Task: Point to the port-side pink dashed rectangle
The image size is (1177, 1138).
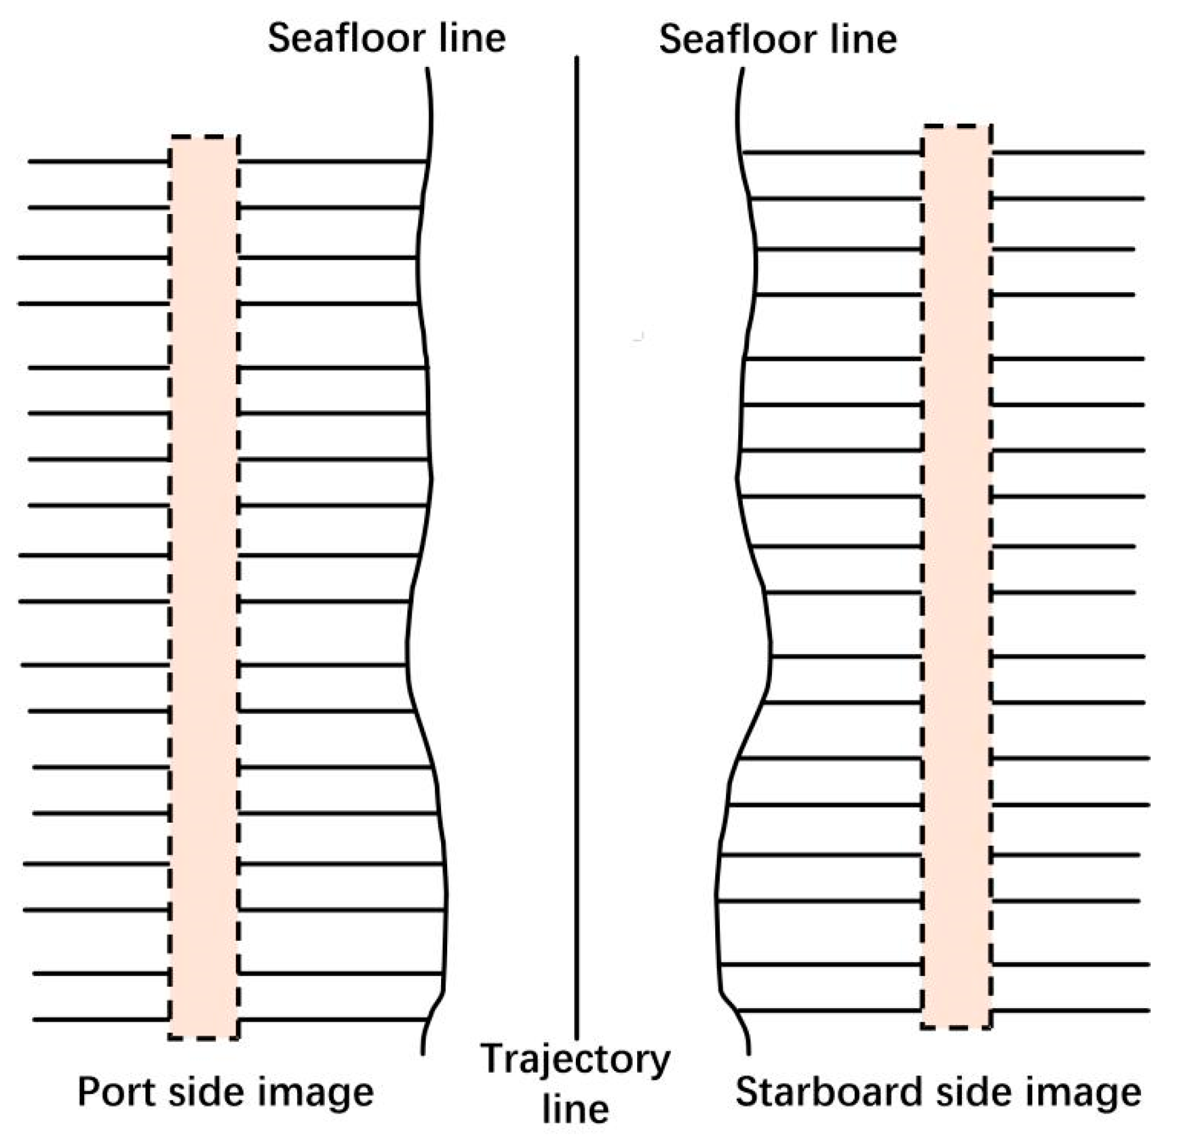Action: (x=204, y=588)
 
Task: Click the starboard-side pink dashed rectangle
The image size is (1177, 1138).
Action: (x=957, y=577)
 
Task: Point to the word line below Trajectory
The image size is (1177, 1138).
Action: (x=575, y=1110)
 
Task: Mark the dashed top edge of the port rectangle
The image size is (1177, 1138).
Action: (x=204, y=138)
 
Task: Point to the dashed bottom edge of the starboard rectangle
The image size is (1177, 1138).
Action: (x=957, y=1028)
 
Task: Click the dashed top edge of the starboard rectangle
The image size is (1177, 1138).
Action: (x=957, y=126)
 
